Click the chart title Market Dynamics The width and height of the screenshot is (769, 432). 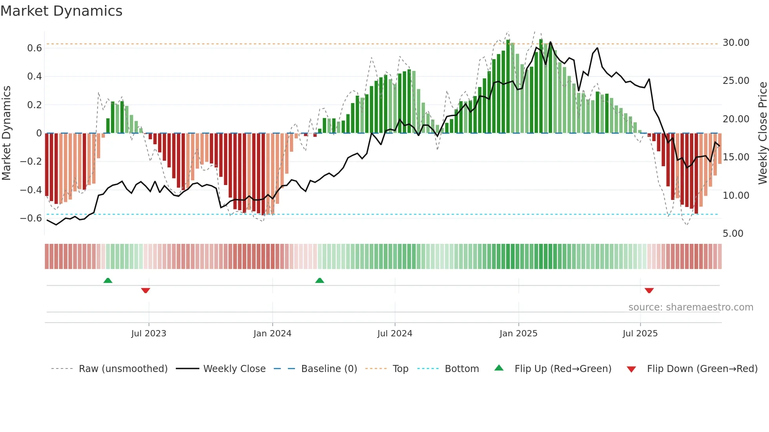click(61, 11)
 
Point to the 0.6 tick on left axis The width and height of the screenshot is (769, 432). click(34, 48)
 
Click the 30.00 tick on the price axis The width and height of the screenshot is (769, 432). click(736, 43)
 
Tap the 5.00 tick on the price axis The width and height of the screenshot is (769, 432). click(733, 234)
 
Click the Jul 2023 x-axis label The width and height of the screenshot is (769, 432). click(149, 334)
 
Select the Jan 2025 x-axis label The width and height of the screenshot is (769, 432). click(518, 334)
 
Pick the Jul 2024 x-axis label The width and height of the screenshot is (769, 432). click(395, 334)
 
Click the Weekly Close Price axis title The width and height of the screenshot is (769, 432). click(762, 133)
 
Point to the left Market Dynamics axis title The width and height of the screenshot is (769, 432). click(6, 133)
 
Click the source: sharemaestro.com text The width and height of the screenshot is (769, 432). click(691, 307)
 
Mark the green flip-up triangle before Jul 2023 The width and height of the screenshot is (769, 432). click(108, 280)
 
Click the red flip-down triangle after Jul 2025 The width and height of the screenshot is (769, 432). click(649, 290)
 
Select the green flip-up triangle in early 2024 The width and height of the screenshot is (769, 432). click(320, 280)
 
